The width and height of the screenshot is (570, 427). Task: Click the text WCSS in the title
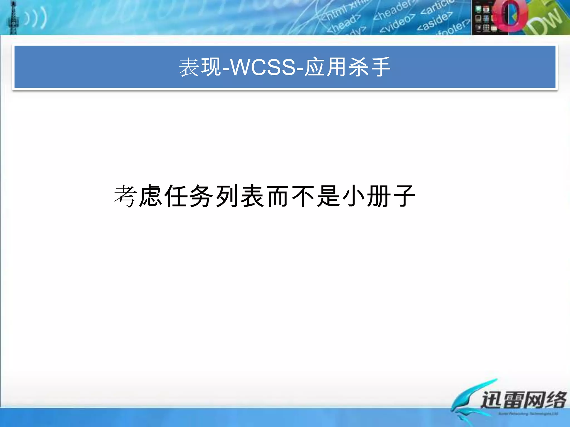263,67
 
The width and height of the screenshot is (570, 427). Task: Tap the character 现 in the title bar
211,67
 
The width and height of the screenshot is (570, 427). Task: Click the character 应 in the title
315,67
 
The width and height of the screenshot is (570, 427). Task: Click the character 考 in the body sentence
125,196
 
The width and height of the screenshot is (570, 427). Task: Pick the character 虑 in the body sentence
151,196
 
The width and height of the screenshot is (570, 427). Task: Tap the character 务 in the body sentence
202,196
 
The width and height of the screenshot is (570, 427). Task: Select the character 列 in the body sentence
227,196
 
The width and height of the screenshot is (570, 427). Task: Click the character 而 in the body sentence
278,196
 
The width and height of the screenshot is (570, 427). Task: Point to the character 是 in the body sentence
329,196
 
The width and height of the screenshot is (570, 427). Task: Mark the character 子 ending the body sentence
404,196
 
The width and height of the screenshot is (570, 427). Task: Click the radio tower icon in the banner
13,18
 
